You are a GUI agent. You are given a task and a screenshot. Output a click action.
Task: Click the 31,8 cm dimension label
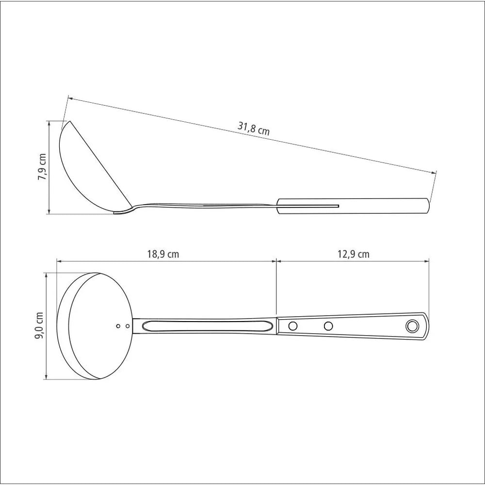click(x=253, y=129)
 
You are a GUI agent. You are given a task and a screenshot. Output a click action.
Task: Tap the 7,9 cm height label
click(x=42, y=167)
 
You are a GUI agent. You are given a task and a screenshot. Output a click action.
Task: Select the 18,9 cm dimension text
click(x=163, y=254)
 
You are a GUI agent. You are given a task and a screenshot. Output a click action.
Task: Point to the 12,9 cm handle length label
click(x=353, y=254)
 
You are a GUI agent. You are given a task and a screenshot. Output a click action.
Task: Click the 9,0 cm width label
click(x=39, y=326)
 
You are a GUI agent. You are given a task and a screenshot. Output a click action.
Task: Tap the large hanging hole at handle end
click(x=412, y=326)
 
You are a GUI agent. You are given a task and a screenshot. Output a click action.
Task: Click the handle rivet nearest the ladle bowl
click(x=292, y=326)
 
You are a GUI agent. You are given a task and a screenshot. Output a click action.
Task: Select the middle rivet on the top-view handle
click(x=328, y=326)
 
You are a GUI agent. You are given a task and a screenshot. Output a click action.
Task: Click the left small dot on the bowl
click(x=118, y=326)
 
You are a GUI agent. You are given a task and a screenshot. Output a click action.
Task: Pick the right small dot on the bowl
click(x=128, y=326)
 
